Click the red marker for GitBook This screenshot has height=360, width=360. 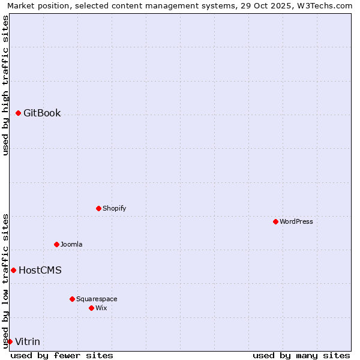[x=18, y=113]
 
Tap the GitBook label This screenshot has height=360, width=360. [x=42, y=113]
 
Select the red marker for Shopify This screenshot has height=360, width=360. [x=98, y=208]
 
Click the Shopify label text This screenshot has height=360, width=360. [x=114, y=209]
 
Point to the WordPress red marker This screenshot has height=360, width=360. [x=275, y=221]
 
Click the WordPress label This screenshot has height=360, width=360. [x=296, y=222]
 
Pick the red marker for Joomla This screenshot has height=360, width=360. [x=56, y=244]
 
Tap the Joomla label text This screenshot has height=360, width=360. [x=71, y=245]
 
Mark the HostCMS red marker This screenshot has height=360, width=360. [x=13, y=270]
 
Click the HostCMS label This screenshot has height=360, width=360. [x=40, y=271]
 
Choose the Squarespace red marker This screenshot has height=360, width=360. [x=72, y=299]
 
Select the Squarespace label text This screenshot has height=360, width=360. [x=97, y=299]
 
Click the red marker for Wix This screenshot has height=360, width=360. [x=91, y=308]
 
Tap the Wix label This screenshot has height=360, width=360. [x=101, y=308]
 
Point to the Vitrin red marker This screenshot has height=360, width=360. [x=10, y=341]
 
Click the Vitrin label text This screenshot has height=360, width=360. [x=28, y=342]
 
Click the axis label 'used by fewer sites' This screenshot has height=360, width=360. [x=62, y=355]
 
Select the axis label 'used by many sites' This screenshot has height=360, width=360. [x=301, y=355]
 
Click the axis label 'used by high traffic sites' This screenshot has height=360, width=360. [x=5, y=85]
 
